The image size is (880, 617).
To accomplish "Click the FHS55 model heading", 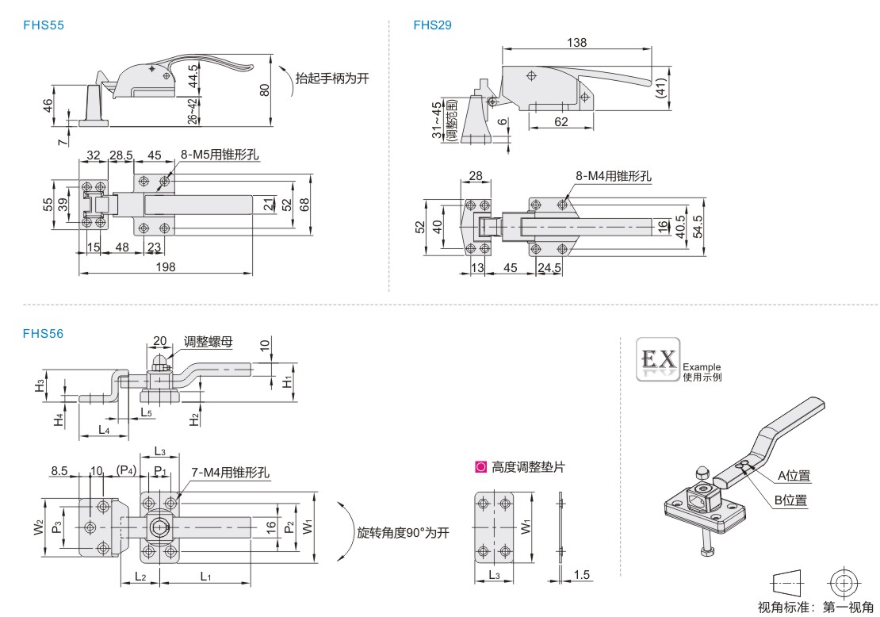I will click(x=44, y=25).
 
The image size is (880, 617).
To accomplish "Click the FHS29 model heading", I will click(x=432, y=25).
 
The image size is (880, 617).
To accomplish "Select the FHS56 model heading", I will click(x=44, y=334).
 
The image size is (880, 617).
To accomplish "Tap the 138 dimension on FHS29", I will click(x=576, y=43).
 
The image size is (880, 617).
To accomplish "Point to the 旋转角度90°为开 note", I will click(x=403, y=532).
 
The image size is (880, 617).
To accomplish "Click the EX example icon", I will click(x=658, y=359).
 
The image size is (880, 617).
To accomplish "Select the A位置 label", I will click(x=794, y=476).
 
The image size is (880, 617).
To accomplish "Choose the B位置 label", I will click(x=790, y=500).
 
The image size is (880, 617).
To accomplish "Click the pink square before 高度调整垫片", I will click(x=480, y=468).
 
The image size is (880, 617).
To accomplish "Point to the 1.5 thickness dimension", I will click(x=582, y=574).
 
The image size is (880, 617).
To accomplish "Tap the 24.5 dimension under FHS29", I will click(x=549, y=268).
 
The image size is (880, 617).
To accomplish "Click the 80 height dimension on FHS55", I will click(x=265, y=90).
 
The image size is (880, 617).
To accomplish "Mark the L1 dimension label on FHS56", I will click(x=205, y=576).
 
